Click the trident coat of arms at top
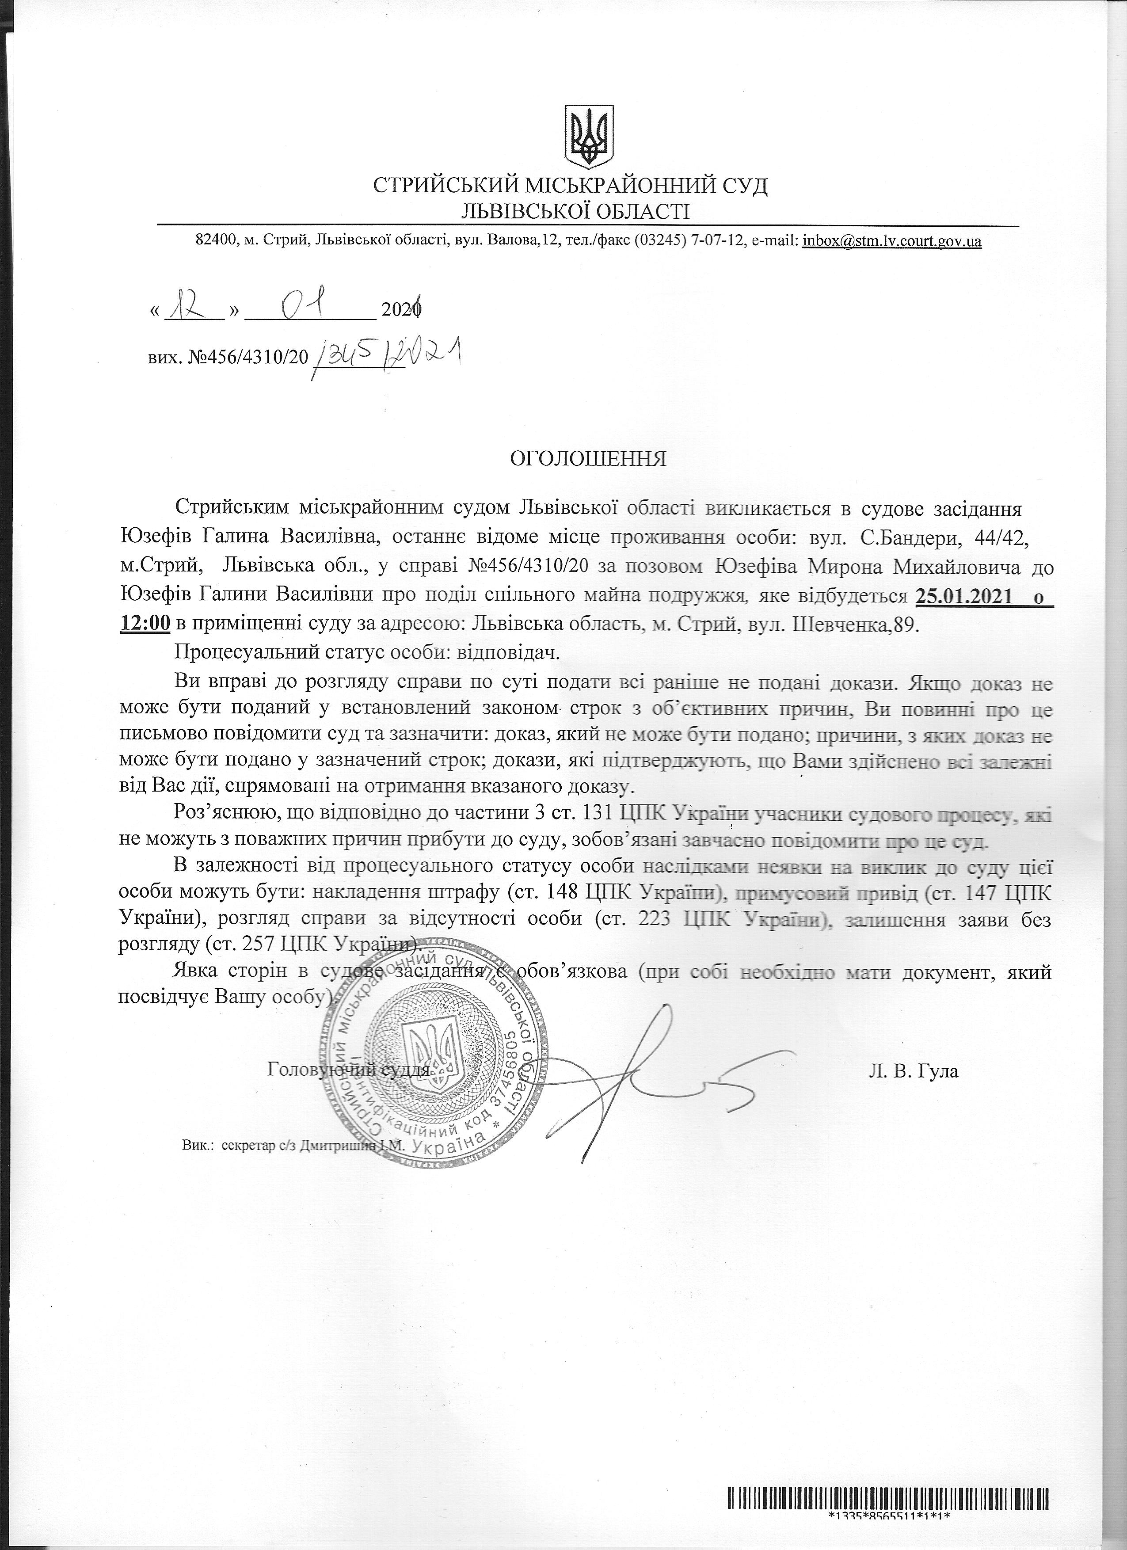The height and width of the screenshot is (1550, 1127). coord(588,137)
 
